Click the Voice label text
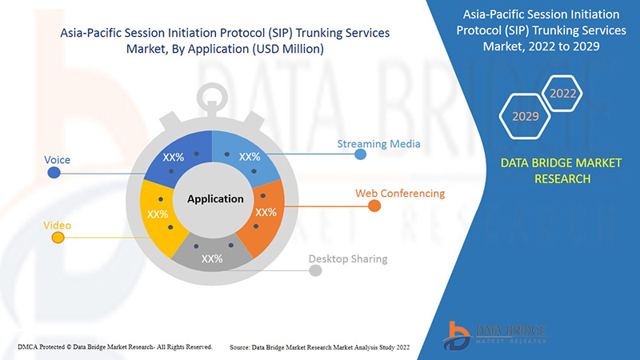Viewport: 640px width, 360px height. [x=57, y=160]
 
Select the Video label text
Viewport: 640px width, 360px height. [x=57, y=226]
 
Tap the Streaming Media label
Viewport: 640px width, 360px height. [x=378, y=144]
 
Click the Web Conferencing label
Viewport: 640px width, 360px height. [x=400, y=194]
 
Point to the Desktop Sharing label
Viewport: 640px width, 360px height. [x=348, y=258]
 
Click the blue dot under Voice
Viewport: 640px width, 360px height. [x=54, y=173]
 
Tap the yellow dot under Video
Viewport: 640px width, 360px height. [x=54, y=238]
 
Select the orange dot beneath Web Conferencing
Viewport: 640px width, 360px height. [x=374, y=206]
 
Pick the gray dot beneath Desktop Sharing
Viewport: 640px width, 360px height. [x=315, y=271]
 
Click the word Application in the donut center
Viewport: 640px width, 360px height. [x=214, y=199]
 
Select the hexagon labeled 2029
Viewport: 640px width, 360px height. [x=525, y=116]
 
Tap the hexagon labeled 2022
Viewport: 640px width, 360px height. [x=562, y=94]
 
